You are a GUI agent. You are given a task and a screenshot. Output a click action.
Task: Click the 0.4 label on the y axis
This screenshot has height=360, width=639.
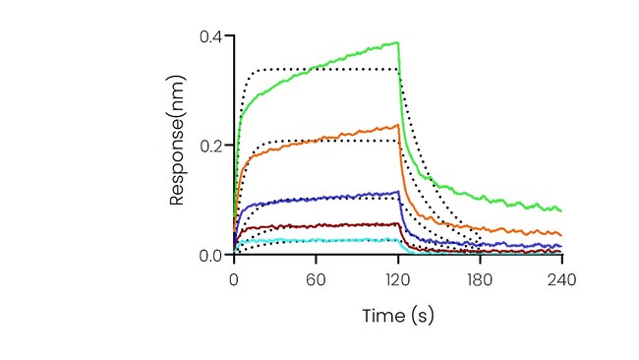[x=210, y=36]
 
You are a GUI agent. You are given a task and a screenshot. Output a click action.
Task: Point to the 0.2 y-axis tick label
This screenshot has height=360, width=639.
[x=210, y=146]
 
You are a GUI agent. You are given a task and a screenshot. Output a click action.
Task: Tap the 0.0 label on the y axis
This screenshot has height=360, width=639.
[x=210, y=256]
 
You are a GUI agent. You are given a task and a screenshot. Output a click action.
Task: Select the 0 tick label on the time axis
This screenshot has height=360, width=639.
[x=234, y=280]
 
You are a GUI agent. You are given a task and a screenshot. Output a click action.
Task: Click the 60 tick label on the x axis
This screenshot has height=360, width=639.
[x=316, y=280]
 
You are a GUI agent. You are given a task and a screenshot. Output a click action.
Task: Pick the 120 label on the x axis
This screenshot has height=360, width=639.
[x=398, y=280]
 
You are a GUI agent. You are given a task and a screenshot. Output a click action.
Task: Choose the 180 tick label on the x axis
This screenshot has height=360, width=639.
[x=480, y=280]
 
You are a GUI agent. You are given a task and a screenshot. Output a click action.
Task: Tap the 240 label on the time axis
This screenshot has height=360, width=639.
[x=562, y=280]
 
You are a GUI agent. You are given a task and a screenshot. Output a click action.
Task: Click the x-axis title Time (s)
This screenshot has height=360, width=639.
[x=398, y=316]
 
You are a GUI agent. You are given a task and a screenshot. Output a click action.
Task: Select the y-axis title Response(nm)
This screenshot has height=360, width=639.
[x=178, y=141]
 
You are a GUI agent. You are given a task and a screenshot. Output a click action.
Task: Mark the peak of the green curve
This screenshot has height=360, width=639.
[x=398, y=42]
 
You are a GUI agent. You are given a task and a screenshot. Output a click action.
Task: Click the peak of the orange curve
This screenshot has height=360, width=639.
[x=398, y=125]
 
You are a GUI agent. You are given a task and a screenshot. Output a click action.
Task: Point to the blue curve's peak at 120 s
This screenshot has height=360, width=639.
[x=398, y=191]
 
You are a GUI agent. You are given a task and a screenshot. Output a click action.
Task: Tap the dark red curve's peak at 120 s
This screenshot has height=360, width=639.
[x=397, y=223]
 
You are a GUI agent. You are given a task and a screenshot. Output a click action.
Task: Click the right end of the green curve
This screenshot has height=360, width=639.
[x=561, y=210]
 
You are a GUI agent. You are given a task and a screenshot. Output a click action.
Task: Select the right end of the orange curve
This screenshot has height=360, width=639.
[x=561, y=235]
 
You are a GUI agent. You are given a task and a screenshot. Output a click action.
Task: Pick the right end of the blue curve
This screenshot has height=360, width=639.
[x=561, y=246]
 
